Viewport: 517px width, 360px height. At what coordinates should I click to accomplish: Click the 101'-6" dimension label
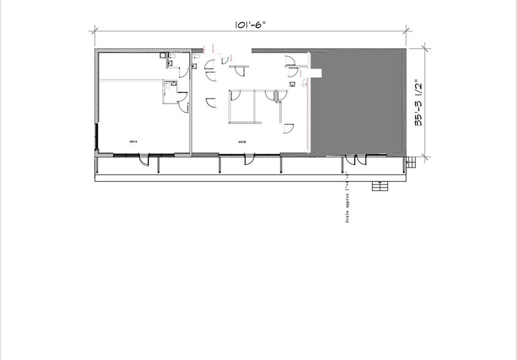click(x=251, y=26)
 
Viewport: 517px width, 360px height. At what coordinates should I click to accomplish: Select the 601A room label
click(x=134, y=141)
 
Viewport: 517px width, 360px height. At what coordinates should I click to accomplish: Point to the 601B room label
click(x=242, y=141)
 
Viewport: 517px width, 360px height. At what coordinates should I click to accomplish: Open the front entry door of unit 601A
click(x=143, y=160)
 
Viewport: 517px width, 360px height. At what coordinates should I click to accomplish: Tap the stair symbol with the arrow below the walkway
click(x=380, y=186)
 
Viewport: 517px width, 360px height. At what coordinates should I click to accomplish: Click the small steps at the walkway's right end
click(x=411, y=162)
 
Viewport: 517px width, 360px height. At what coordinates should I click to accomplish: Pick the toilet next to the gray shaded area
click(x=304, y=81)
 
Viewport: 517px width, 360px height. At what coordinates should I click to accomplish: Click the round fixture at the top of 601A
click(x=164, y=56)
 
